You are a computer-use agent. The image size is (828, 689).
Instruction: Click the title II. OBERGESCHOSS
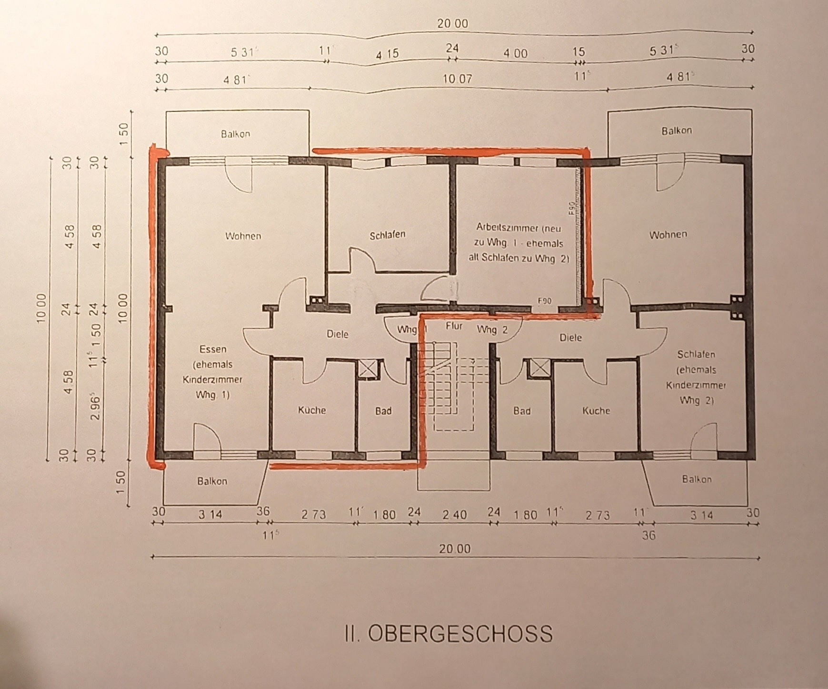(x=449, y=634)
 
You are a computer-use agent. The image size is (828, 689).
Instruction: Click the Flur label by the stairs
(x=454, y=326)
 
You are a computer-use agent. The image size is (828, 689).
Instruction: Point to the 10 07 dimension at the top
(x=457, y=79)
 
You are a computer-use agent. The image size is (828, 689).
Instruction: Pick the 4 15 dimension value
(x=387, y=54)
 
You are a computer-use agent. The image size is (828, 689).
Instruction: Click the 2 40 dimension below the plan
(x=454, y=515)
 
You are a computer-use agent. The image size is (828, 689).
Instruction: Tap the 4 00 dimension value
(x=516, y=53)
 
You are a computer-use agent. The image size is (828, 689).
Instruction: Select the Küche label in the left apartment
(x=312, y=410)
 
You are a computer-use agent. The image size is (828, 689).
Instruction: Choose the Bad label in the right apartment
(x=522, y=411)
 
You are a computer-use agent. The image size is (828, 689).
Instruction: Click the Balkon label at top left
(x=235, y=134)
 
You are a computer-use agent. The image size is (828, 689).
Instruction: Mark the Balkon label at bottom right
(x=697, y=479)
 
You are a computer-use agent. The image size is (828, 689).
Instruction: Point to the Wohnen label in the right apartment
(x=668, y=234)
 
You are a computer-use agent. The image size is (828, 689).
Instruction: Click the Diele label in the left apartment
(x=337, y=334)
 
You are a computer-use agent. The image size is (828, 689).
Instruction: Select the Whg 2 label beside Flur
(x=492, y=330)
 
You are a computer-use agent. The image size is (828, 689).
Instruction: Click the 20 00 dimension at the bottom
(x=455, y=549)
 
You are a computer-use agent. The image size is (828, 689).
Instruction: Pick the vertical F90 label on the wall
(x=571, y=208)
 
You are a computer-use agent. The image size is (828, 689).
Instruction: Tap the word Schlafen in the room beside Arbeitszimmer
(x=388, y=235)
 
